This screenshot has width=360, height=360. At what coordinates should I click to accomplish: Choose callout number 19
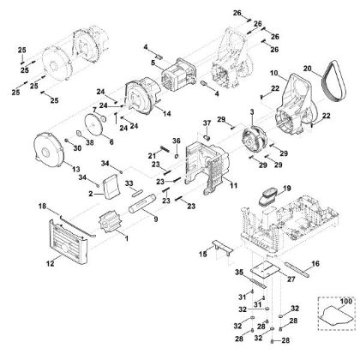click(288, 186)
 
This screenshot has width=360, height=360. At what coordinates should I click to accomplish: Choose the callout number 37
click(207, 124)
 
